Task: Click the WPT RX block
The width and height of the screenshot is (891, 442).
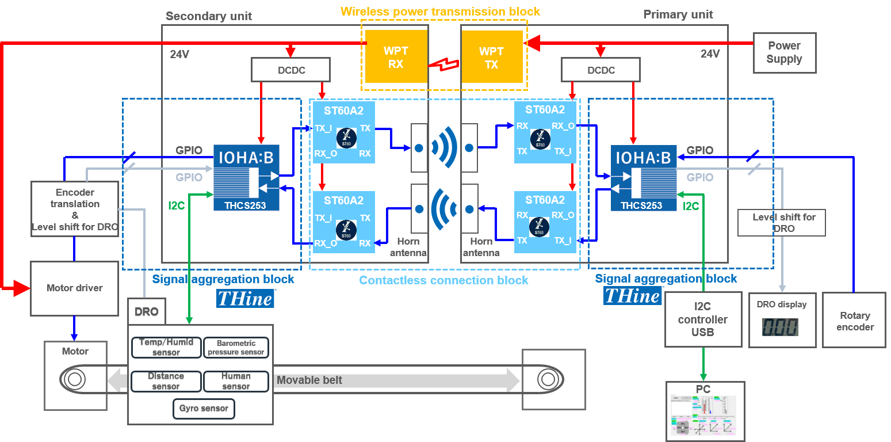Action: [396, 57]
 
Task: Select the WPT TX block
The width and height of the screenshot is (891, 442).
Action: [491, 57]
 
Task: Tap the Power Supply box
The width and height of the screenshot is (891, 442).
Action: [784, 52]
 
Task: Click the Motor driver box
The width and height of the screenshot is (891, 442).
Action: [74, 288]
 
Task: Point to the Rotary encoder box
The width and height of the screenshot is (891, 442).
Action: [855, 321]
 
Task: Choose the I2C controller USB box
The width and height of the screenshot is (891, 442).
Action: [702, 319]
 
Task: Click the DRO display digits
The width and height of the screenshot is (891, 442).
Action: [780, 327]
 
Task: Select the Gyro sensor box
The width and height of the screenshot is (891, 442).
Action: [204, 409]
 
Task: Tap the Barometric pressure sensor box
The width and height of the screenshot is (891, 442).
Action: [236, 348]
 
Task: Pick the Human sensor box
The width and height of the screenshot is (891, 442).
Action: [236, 381]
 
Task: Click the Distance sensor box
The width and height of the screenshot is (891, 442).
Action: [166, 381]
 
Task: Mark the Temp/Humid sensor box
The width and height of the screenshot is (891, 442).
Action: [166, 347]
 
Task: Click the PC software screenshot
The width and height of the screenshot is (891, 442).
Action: [705, 416]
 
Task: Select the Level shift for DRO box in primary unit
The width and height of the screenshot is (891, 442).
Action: [781, 223]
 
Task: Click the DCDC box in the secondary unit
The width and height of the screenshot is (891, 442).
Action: [291, 70]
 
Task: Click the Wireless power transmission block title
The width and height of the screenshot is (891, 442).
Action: [440, 12]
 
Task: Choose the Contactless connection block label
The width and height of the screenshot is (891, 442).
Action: [443, 280]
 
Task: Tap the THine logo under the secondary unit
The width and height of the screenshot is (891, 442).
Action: [245, 298]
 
